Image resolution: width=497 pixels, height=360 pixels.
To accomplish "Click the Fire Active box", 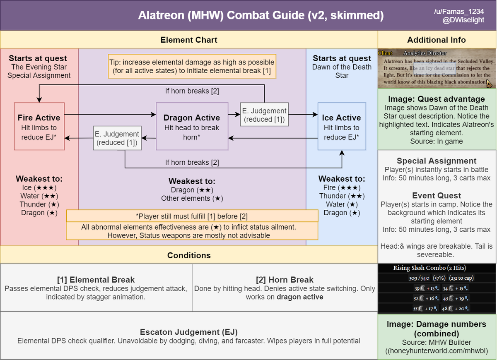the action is (x=39, y=126).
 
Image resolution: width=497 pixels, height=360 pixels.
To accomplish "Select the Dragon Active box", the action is (x=192, y=126).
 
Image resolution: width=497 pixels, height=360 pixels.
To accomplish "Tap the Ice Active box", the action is (x=342, y=126).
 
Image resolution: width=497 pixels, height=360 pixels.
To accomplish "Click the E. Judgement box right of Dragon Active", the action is (x=264, y=114).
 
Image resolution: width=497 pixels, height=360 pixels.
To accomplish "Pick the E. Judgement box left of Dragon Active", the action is (x=117, y=138).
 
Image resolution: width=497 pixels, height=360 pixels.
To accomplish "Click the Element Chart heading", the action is (x=189, y=40).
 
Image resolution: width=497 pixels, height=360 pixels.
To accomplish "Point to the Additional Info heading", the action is (x=437, y=40).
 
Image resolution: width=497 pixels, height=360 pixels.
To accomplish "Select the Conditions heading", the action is (x=189, y=255).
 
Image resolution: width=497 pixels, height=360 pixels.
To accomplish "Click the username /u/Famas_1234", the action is (x=459, y=12).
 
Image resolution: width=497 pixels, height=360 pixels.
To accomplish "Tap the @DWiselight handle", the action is (x=463, y=20).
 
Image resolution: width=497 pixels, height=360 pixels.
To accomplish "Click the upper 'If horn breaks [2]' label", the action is (x=192, y=91).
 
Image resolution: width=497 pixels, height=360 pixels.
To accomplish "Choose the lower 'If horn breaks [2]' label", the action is (x=192, y=162).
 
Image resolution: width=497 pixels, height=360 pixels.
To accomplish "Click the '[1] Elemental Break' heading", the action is (x=96, y=280).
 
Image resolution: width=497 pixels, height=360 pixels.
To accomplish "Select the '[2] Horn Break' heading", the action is (x=285, y=280).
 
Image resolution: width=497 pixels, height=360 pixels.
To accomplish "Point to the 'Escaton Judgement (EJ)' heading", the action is (x=189, y=332).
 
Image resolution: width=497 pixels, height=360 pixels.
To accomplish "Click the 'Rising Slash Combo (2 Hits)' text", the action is (x=429, y=268).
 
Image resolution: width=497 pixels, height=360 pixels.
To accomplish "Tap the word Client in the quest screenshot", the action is (x=385, y=53).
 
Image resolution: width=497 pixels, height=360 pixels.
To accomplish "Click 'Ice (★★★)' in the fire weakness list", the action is (x=39, y=187).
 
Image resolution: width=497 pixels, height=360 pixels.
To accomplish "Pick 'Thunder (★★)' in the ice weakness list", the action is (x=342, y=196).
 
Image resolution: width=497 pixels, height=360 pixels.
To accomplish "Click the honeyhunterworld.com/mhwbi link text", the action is (x=437, y=351).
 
